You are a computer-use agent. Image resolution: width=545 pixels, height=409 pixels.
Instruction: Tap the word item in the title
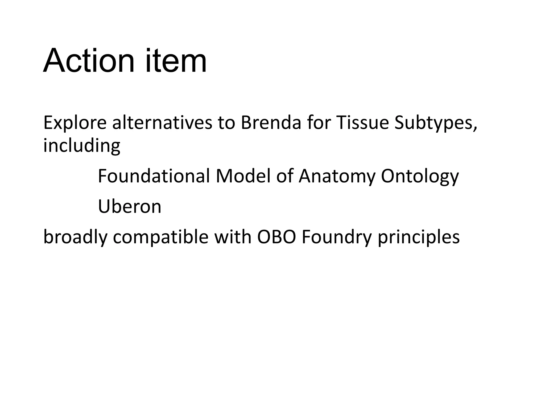[x=176, y=61]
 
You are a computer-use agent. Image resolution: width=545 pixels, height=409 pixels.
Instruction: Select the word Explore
[x=75, y=123]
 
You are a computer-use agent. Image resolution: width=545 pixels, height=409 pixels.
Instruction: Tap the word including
[x=82, y=146]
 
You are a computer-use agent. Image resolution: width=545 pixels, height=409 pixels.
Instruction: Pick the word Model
[x=243, y=176]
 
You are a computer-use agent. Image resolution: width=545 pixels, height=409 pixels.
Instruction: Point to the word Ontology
[x=420, y=177]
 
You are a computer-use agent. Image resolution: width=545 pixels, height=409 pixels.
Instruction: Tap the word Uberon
[x=130, y=206]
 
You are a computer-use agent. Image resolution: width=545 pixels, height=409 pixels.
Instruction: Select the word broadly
[x=75, y=237]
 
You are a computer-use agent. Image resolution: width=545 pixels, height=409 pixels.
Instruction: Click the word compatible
[x=160, y=237]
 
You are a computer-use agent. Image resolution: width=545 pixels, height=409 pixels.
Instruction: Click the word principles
[x=419, y=237]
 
